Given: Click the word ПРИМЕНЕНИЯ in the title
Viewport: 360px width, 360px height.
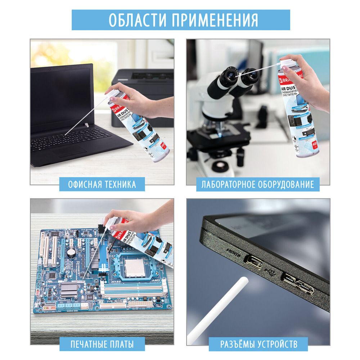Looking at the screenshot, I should click(x=215, y=20).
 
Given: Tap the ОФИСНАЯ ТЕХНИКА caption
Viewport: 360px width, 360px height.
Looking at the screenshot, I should click(x=102, y=185).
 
